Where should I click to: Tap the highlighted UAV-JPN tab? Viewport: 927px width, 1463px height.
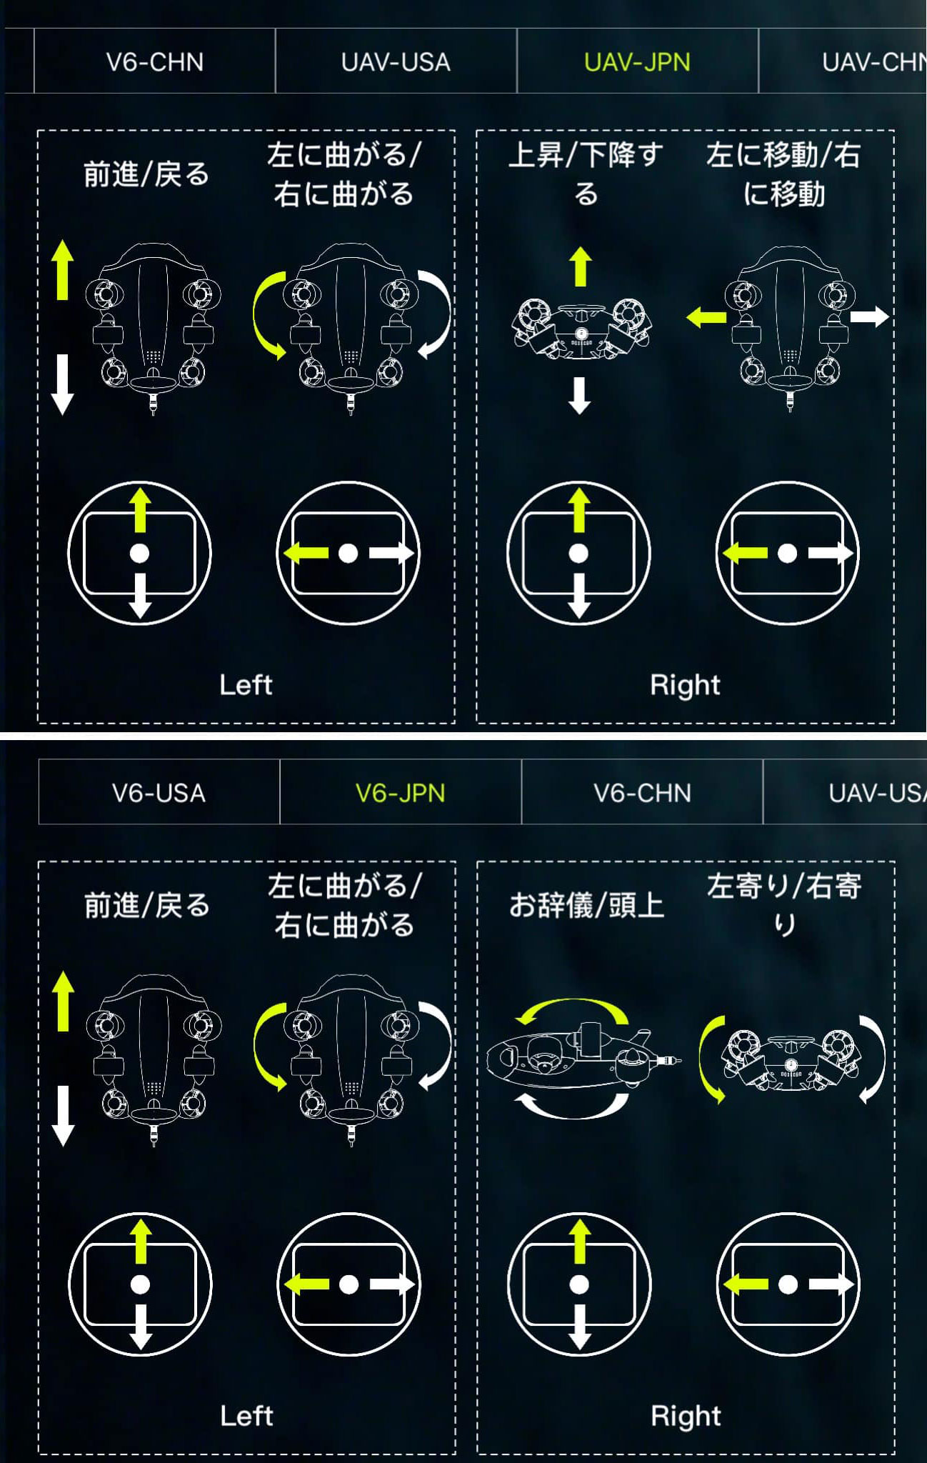(637, 62)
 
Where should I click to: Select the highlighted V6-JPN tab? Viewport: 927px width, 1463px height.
(400, 793)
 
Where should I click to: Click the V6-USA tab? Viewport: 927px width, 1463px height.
(159, 793)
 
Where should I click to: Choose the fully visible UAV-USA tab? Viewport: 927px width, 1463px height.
(396, 62)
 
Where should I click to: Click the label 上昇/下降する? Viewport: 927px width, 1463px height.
(586, 174)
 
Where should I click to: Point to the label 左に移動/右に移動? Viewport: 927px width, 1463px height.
(783, 174)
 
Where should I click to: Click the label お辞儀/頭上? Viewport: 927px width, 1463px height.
(586, 906)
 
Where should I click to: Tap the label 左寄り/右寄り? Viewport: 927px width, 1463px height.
(784, 905)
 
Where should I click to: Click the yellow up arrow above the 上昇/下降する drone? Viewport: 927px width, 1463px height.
(581, 266)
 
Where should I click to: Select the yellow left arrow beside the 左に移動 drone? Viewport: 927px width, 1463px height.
(706, 316)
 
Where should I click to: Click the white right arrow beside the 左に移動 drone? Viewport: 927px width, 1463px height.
(869, 316)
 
